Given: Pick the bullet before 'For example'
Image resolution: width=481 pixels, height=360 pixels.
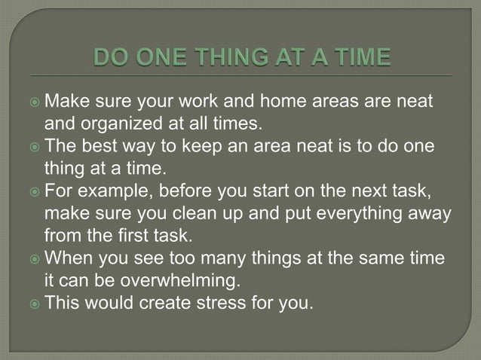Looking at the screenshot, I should (x=34, y=185).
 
